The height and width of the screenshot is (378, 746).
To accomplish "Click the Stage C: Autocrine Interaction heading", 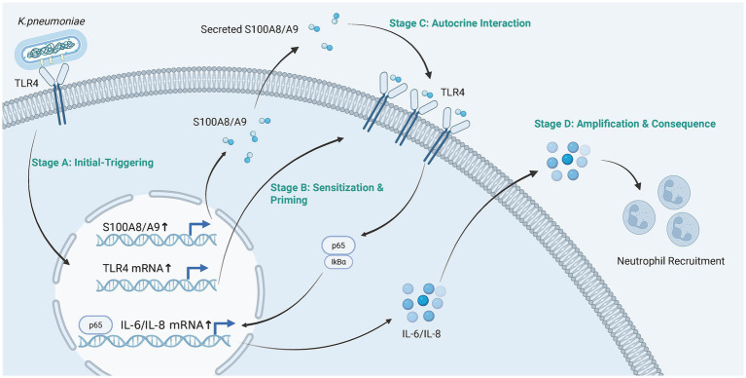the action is point(460,22).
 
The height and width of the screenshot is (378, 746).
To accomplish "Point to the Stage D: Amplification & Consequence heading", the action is point(625,124).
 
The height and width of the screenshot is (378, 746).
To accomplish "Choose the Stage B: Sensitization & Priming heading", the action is point(327,194).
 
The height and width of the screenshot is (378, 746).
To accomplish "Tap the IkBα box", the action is point(338,261).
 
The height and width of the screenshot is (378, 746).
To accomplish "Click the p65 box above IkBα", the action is point(338,246).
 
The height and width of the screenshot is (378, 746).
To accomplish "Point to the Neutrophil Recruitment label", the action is point(671,261).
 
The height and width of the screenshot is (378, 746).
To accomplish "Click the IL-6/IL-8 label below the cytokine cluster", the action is point(421,333).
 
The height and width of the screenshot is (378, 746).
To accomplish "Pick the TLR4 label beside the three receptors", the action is point(450,94).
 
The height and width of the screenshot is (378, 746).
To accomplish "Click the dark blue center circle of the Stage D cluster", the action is point(567,158).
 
